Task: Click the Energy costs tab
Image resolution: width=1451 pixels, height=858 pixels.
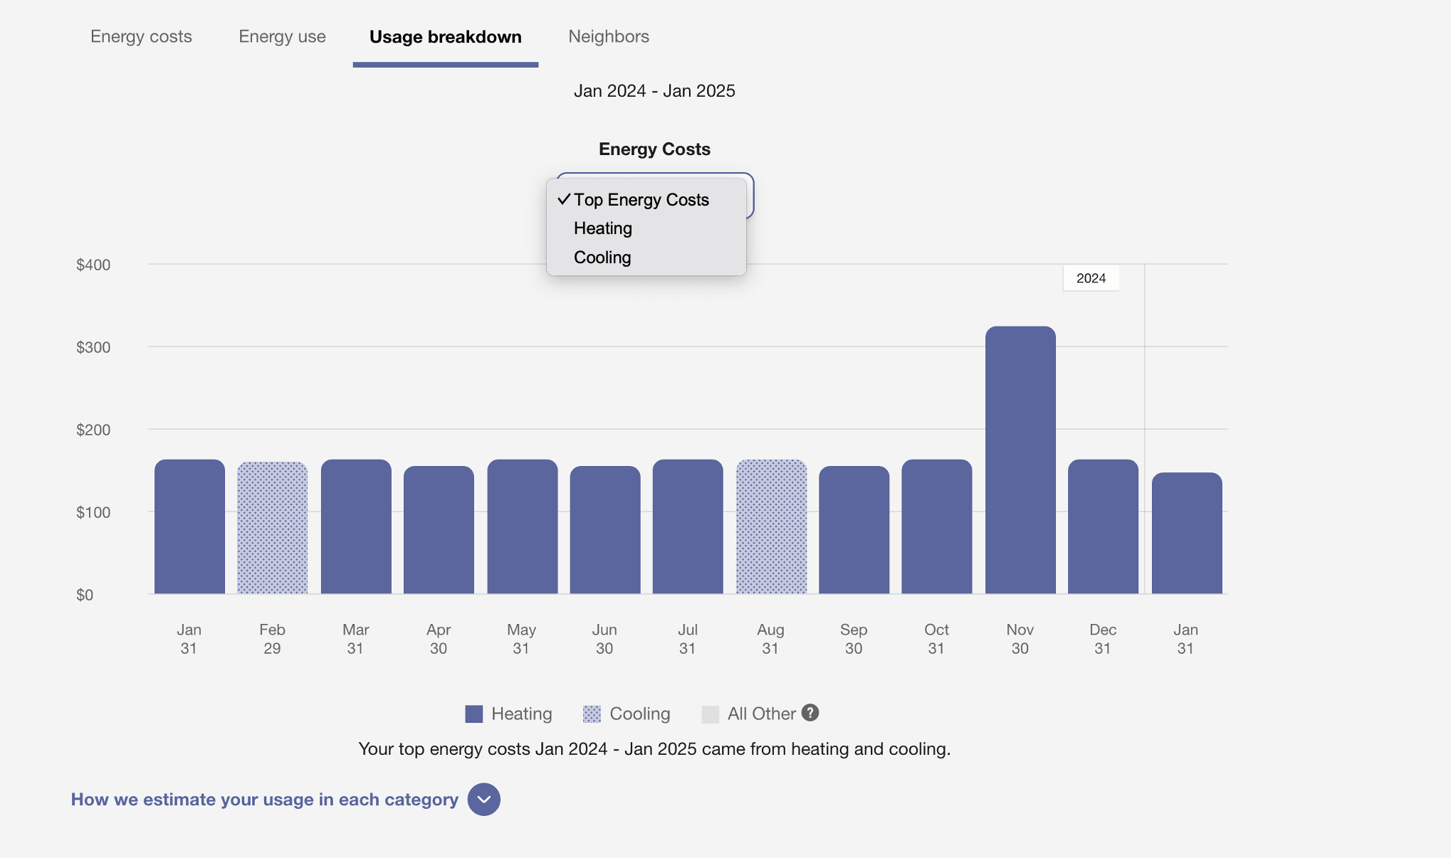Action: [141, 37]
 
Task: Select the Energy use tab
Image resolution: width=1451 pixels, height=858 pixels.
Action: [282, 37]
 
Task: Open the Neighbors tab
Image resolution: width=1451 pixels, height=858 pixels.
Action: [609, 37]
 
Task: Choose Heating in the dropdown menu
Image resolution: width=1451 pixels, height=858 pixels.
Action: [603, 228]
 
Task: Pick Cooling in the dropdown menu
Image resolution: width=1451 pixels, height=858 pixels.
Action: [602, 258]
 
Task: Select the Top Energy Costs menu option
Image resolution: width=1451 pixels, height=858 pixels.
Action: [641, 200]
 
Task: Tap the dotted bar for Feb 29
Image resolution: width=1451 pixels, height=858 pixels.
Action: [272, 528]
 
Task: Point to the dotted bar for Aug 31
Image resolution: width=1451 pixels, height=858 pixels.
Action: [771, 526]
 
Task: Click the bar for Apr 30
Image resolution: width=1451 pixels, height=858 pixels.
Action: [439, 530]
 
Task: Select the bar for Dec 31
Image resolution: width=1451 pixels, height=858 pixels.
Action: [1103, 526]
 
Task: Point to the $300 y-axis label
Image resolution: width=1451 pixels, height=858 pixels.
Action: [93, 347]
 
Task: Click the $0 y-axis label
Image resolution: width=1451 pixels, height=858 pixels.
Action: [85, 595]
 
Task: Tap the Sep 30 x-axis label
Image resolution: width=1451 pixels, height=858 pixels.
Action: [854, 639]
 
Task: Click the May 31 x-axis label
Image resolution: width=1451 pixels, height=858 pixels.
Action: [521, 639]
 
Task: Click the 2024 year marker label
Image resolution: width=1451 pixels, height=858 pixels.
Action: [1091, 278]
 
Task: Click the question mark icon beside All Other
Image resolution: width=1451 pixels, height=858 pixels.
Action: [810, 713]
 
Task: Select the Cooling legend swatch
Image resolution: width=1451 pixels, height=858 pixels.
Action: [592, 714]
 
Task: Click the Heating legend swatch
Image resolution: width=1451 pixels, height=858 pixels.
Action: [473, 714]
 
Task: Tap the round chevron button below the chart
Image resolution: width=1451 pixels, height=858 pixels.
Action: [484, 800]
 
